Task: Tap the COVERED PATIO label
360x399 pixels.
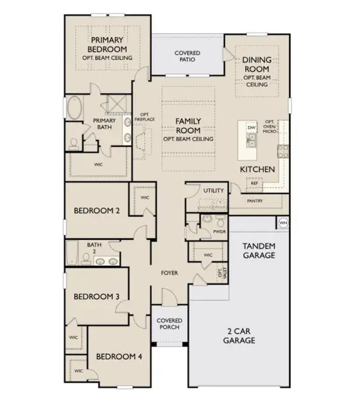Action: [x=187, y=56]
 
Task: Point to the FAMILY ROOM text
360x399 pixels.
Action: [x=188, y=126]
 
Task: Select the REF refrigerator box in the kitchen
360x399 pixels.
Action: [x=254, y=164]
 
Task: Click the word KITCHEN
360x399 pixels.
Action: [x=258, y=170]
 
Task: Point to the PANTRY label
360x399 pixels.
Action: [x=254, y=199]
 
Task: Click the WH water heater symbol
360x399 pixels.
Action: [x=284, y=222]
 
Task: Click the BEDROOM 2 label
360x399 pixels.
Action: [x=96, y=211]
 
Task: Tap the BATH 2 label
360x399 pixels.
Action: [x=92, y=248]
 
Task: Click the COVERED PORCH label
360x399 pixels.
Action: [x=169, y=324]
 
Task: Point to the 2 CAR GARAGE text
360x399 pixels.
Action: [x=238, y=336]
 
